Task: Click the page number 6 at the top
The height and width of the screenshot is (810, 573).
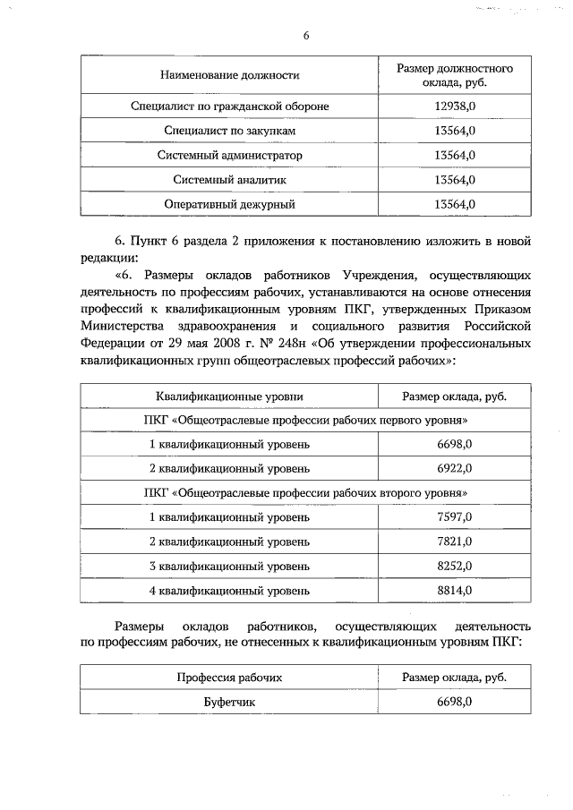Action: pyautogui.click(x=305, y=36)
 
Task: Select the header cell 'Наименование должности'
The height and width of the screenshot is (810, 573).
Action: pyautogui.click(x=229, y=76)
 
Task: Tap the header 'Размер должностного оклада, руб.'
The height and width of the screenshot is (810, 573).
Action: pyautogui.click(x=453, y=76)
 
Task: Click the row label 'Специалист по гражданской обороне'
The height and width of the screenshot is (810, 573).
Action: pyautogui.click(x=229, y=107)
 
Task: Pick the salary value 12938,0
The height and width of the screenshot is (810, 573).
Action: pyautogui.click(x=453, y=107)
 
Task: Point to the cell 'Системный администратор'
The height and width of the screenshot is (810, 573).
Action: pyautogui.click(x=229, y=155)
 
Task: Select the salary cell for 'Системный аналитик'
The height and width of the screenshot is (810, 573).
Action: pyautogui.click(x=453, y=179)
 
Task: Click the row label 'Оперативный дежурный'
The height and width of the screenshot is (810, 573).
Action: pyautogui.click(x=229, y=204)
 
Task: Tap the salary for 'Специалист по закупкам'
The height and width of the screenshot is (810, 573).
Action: pyautogui.click(x=453, y=131)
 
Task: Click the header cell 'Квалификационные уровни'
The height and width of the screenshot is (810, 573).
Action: pyautogui.click(x=229, y=396)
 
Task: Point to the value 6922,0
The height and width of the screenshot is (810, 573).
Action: pyautogui.click(x=454, y=468)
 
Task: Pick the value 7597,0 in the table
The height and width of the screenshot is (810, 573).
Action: pyautogui.click(x=454, y=517)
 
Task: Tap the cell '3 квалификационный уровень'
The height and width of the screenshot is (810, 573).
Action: pyautogui.click(x=229, y=567)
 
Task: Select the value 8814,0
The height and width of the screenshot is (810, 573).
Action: pyautogui.click(x=454, y=591)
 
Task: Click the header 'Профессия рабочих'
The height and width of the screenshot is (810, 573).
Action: pyautogui.click(x=229, y=678)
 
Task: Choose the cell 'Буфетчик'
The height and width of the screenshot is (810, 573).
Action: pyautogui.click(x=229, y=702)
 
